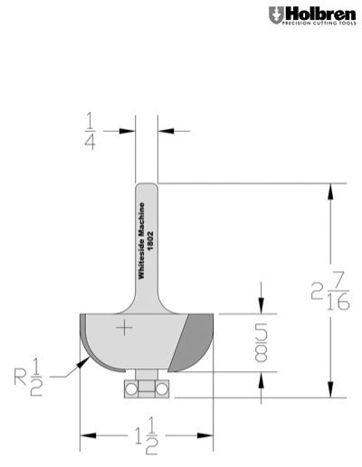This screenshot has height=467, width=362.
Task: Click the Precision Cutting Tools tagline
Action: click(319, 24)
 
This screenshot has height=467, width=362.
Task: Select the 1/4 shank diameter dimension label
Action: click(91, 130)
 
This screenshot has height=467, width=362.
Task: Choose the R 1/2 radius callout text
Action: click(38, 378)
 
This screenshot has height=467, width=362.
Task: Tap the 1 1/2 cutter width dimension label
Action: click(146, 437)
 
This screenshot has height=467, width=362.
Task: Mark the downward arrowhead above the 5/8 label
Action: click(262, 306)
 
